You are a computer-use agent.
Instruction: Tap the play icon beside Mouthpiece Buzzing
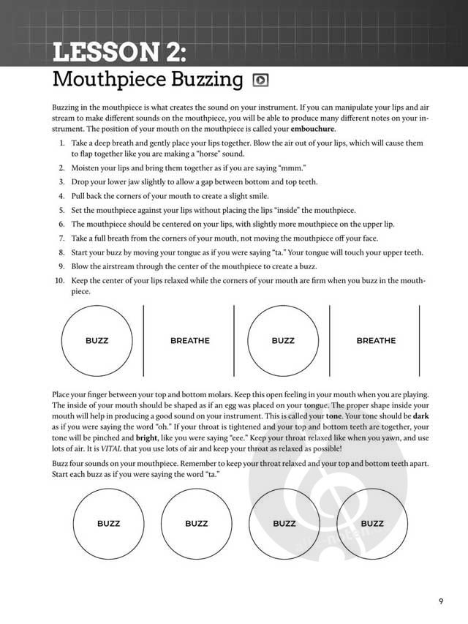(x=259, y=80)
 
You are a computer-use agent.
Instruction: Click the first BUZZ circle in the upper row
(x=97, y=340)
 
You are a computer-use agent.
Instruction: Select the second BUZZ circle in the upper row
(x=282, y=340)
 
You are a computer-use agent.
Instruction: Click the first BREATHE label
(x=189, y=340)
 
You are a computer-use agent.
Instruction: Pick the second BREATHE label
(x=376, y=340)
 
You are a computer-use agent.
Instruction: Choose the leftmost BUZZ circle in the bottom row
(x=108, y=523)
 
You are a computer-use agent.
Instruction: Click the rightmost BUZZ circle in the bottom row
(x=372, y=523)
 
